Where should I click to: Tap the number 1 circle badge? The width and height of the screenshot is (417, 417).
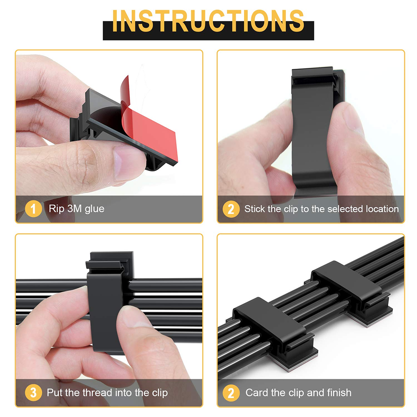(33, 208)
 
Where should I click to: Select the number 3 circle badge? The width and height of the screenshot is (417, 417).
(33, 392)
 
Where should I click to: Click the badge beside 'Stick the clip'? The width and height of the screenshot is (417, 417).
(231, 208)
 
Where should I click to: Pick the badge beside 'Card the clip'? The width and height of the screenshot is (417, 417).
(231, 392)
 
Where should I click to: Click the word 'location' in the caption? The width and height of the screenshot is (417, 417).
(382, 208)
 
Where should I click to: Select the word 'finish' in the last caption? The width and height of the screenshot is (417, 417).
(339, 392)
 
